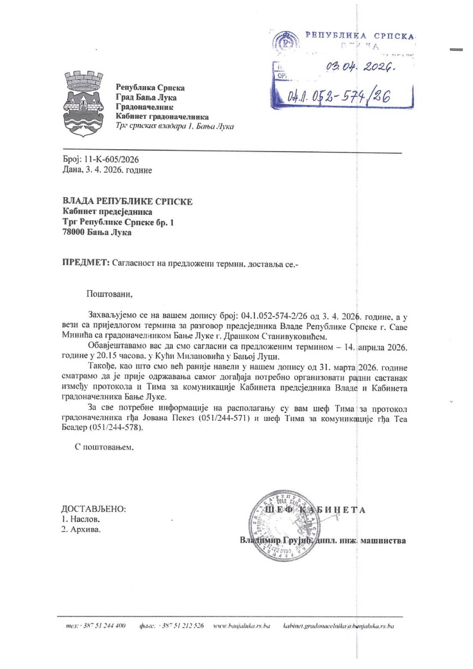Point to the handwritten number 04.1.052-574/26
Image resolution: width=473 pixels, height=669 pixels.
340,96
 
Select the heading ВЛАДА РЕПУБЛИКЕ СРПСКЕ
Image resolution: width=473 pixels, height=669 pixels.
127,201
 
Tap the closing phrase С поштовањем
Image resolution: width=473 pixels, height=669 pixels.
104,447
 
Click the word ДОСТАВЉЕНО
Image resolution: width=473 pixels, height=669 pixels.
94,509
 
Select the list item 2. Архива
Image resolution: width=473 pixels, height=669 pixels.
81,529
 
